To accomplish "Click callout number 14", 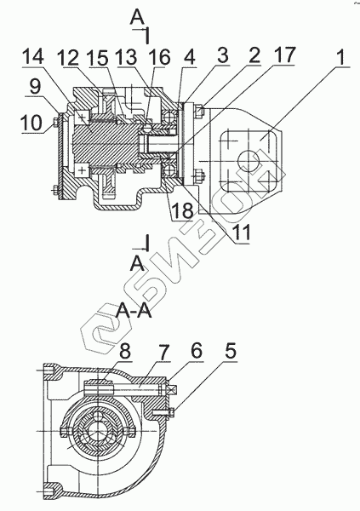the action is [x=33, y=57].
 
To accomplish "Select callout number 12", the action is [x=68, y=58].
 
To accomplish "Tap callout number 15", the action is [x=97, y=58].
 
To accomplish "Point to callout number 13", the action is [x=127, y=58].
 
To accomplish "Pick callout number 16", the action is [x=160, y=58].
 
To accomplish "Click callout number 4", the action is [x=189, y=58].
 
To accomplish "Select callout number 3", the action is [x=223, y=55].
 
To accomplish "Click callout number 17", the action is [x=284, y=55].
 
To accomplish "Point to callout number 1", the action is [x=340, y=57].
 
